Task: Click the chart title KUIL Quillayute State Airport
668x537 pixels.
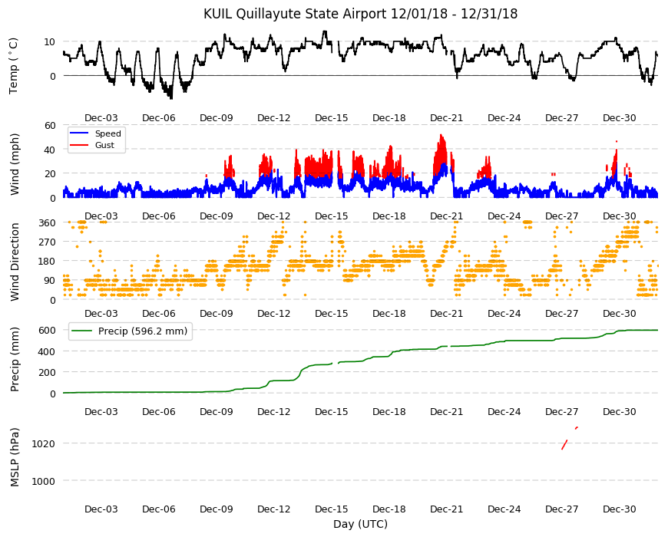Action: (x=296, y=14)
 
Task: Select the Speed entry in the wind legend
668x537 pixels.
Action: (x=107, y=133)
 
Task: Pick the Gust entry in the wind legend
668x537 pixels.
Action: (x=104, y=145)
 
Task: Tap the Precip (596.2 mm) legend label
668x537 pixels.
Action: (x=143, y=331)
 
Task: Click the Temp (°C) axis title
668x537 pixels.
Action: (x=14, y=66)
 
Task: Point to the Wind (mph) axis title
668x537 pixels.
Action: (x=15, y=164)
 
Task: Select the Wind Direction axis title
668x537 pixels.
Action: (x=15, y=262)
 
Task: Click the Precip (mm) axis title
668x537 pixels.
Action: (x=15, y=359)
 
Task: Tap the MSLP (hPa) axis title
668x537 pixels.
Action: (x=15, y=456)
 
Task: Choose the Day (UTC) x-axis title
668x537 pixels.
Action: (x=360, y=524)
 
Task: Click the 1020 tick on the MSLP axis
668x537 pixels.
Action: (x=44, y=444)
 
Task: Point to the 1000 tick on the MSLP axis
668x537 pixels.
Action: (x=44, y=481)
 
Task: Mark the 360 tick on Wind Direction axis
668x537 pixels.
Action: (x=48, y=223)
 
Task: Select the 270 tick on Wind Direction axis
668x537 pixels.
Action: (x=48, y=242)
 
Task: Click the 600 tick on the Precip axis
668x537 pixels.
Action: (x=48, y=330)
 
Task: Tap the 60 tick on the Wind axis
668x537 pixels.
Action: (x=50, y=125)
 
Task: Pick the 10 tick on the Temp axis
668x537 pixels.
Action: (x=49, y=41)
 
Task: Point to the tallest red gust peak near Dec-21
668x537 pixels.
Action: (x=441, y=136)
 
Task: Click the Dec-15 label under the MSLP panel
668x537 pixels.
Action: (x=332, y=509)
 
